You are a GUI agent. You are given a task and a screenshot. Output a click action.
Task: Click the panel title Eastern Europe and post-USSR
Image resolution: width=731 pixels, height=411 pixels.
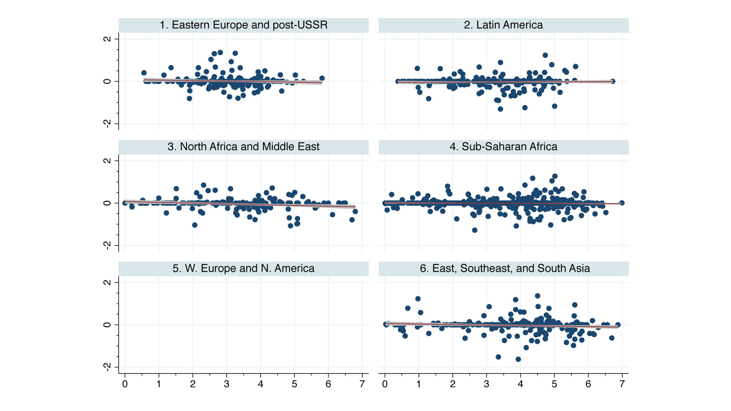[x=243, y=25]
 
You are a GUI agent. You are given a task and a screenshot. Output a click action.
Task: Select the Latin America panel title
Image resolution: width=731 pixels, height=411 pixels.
[x=503, y=25]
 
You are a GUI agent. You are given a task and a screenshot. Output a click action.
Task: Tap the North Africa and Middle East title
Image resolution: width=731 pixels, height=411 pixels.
[x=243, y=147]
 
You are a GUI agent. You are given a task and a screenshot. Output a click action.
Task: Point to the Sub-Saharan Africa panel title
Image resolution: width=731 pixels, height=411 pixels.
[x=503, y=147]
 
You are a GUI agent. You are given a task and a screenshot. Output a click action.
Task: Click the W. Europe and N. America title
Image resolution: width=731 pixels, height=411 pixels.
[x=243, y=268]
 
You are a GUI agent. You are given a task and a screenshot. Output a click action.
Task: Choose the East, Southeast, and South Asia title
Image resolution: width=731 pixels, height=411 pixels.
[x=505, y=268]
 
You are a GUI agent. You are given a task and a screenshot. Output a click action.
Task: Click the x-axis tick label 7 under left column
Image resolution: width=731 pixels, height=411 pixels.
[x=362, y=384]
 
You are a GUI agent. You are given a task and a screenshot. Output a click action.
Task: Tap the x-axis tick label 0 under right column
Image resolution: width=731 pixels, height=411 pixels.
[x=385, y=384]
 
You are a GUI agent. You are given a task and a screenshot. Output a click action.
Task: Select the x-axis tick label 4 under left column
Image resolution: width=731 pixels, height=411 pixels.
[x=261, y=384]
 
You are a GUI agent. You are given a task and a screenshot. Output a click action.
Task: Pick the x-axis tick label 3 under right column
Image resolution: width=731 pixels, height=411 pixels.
[x=486, y=384]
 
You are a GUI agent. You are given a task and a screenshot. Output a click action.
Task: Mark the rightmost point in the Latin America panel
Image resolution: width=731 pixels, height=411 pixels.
[x=613, y=81]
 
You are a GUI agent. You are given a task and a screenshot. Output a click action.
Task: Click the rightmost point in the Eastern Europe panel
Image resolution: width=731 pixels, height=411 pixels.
[x=322, y=78]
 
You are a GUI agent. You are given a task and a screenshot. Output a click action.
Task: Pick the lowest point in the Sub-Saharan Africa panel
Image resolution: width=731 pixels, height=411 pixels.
[x=475, y=230]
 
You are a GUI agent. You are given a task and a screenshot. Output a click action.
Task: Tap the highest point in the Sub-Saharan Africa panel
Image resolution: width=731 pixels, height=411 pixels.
[x=555, y=176]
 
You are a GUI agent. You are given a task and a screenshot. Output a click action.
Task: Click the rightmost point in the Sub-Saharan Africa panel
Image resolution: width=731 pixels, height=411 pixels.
[x=622, y=203]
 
